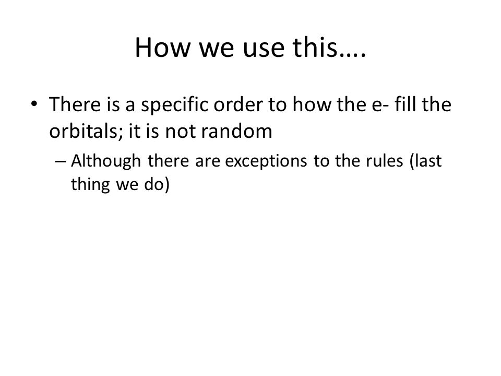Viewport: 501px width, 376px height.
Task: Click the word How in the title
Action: (x=162, y=48)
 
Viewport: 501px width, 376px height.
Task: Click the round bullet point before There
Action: (x=34, y=104)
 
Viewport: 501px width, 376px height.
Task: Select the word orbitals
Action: (x=86, y=131)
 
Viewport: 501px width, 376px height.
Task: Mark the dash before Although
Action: (x=61, y=161)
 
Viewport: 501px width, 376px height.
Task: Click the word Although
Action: (x=106, y=161)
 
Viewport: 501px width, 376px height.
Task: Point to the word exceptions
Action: (x=266, y=161)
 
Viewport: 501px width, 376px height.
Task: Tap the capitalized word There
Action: (x=75, y=104)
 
